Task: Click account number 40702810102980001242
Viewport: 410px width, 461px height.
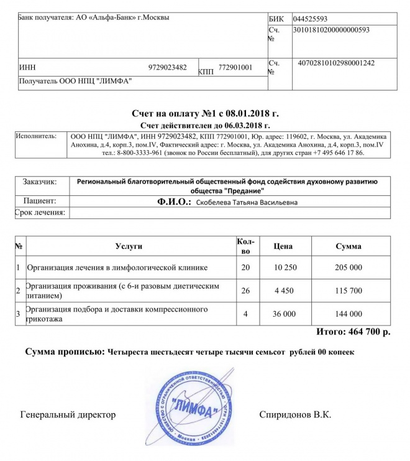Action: click(x=336, y=63)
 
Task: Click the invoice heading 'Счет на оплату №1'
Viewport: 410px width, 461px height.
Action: click(x=205, y=114)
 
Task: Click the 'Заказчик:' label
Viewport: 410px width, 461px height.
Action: click(x=39, y=182)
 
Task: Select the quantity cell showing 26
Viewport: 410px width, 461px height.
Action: click(x=245, y=290)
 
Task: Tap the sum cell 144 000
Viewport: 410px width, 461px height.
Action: click(x=348, y=314)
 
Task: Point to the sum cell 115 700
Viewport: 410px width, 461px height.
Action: click(x=348, y=290)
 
